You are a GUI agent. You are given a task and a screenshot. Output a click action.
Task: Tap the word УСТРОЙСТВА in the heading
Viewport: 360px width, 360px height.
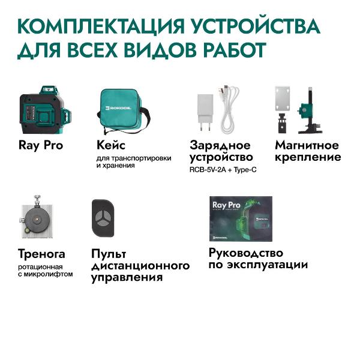click(268, 27)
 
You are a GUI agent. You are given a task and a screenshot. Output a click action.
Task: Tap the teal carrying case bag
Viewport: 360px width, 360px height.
click(124, 111)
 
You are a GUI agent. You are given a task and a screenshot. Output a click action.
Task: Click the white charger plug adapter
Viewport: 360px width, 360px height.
click(203, 112)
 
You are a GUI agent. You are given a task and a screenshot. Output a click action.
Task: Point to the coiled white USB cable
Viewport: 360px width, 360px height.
click(231, 108)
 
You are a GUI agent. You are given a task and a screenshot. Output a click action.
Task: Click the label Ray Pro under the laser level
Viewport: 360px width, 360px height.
click(41, 145)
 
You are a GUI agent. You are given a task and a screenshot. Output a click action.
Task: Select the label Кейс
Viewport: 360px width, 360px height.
click(111, 145)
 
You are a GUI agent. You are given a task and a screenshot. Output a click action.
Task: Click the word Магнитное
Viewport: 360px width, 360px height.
click(307, 145)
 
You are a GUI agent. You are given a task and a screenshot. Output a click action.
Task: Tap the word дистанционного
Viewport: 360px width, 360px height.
click(140, 266)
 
